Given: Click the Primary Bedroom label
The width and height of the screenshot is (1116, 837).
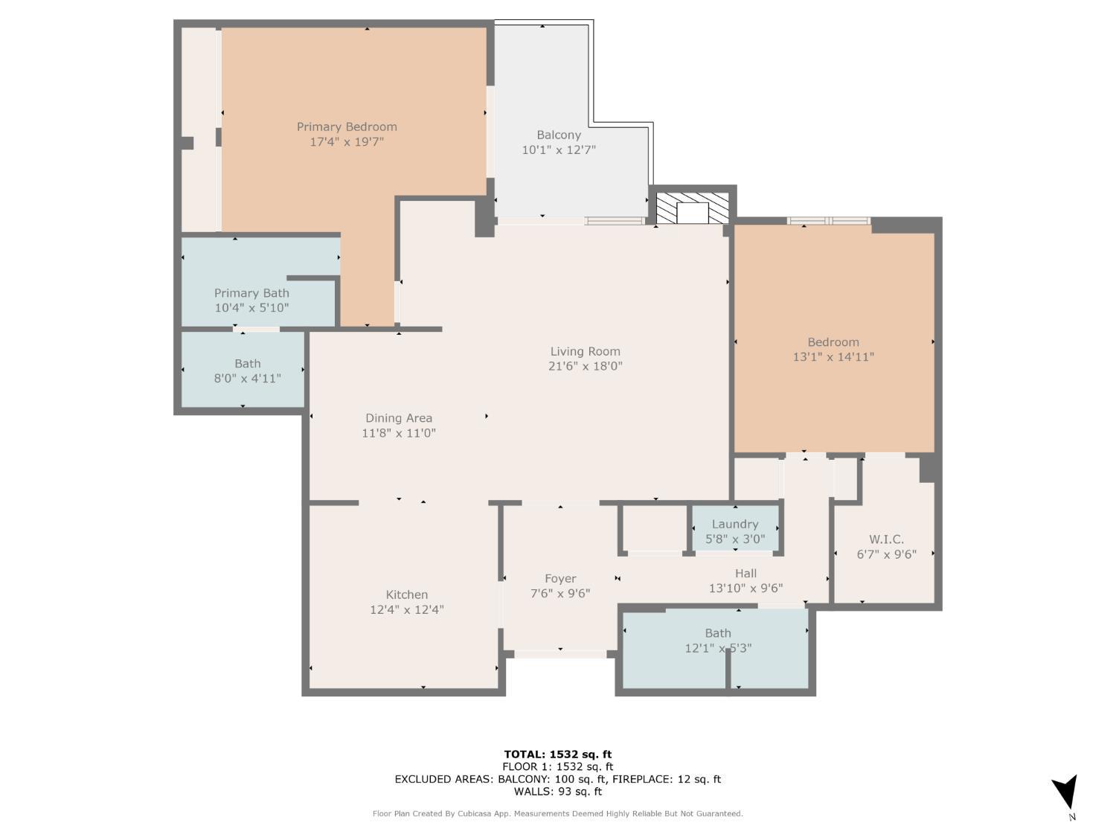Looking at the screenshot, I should (347, 126).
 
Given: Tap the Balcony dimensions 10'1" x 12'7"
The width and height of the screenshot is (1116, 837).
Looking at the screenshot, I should (559, 150).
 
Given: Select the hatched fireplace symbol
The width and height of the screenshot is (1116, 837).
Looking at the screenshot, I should (692, 208).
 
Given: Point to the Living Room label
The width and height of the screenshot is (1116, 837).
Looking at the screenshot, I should (585, 351).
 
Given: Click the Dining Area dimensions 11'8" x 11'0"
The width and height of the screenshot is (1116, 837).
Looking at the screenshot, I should (399, 433).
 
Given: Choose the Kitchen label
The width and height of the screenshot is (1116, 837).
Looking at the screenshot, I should (406, 594).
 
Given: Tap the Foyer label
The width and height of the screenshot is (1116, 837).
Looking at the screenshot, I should (560, 578).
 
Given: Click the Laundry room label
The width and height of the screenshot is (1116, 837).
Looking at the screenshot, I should (735, 525).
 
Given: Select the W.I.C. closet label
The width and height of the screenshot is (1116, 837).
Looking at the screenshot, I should (886, 539).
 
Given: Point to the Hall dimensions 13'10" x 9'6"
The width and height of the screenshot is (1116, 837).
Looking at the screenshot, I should (745, 588).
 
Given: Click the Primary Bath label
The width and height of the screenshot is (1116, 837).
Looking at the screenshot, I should (251, 293).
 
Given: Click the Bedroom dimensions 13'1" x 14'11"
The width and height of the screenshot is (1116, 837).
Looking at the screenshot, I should (833, 356).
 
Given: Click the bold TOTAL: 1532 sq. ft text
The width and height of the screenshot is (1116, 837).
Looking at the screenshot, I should (557, 754).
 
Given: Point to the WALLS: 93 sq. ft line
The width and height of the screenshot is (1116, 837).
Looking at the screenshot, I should (557, 792).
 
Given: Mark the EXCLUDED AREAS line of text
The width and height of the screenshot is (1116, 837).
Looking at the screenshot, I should (557, 779).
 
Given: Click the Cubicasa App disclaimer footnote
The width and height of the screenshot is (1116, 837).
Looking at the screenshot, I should (557, 814).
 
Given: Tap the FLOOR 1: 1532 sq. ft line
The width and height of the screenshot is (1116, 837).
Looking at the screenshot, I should (557, 766).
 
